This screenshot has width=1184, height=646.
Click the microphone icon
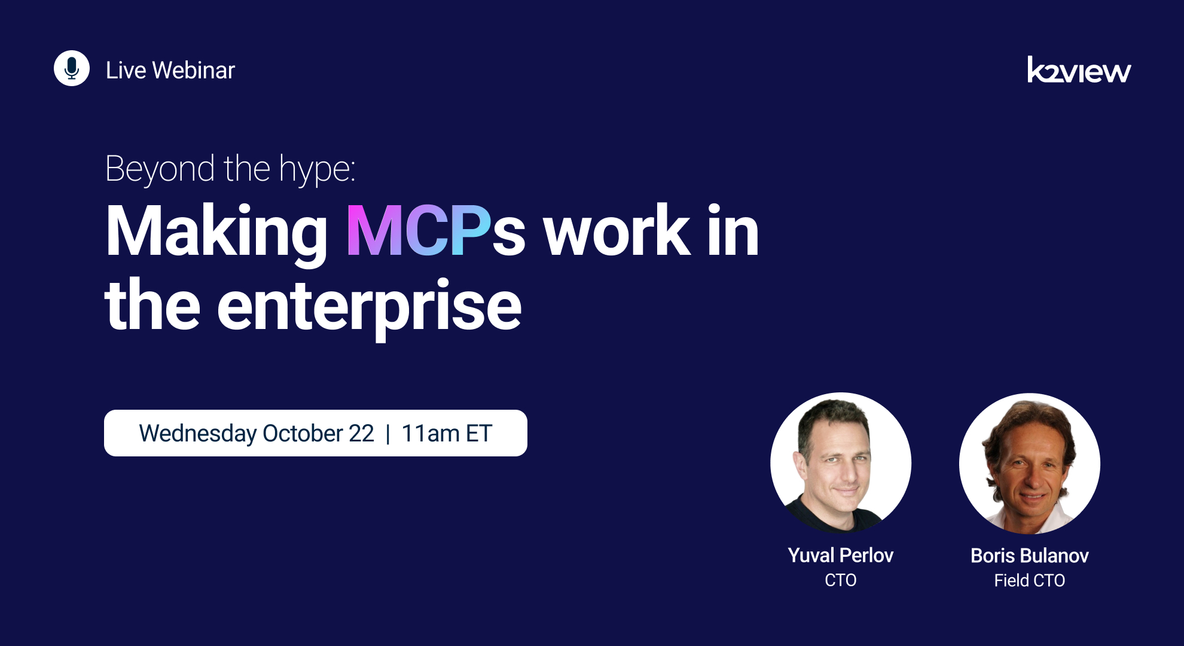tap(72, 68)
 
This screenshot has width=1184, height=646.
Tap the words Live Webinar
tap(170, 71)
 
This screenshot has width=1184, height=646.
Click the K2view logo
tap(1079, 71)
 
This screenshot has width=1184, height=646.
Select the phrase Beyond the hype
tap(230, 169)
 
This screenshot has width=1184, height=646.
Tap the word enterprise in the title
tap(369, 307)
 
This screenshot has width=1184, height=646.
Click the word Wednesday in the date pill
tap(198, 434)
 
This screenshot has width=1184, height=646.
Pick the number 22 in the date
tap(362, 433)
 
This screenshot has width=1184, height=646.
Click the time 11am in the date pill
tap(431, 433)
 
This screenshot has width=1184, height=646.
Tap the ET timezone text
tap(479, 433)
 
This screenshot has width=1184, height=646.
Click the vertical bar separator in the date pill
tap(388, 433)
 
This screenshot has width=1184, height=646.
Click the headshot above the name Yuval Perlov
tap(840, 462)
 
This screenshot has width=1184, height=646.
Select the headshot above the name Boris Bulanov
tap(1029, 463)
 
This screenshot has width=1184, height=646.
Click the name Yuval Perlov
tap(840, 555)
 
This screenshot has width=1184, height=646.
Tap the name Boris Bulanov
tap(1029, 556)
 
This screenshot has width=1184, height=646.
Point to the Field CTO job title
tap(1029, 580)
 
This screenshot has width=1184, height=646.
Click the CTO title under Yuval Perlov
tap(840, 580)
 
